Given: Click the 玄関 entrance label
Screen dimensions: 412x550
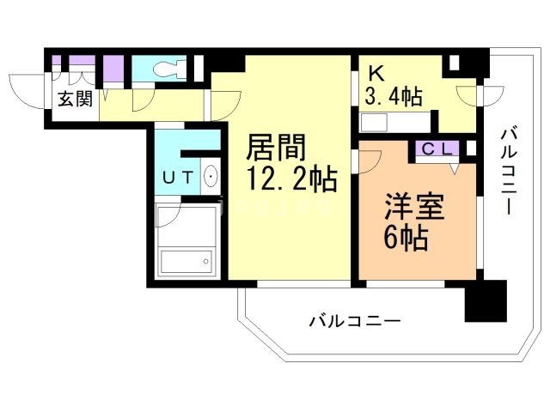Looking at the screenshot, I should point(75,99).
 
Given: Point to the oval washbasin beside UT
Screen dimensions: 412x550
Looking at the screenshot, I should point(210,178).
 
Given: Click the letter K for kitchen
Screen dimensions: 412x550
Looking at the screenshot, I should point(376,72).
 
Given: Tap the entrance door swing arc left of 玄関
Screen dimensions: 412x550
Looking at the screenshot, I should point(26,91).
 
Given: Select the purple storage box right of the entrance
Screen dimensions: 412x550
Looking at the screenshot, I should point(113,68).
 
